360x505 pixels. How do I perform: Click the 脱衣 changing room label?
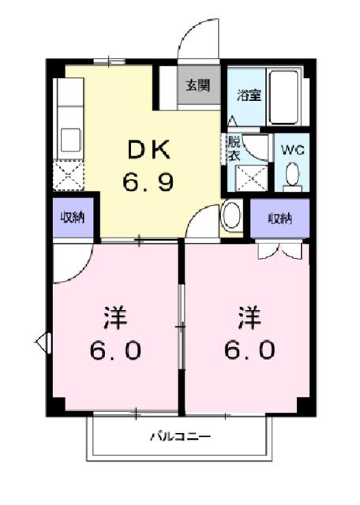[x=233, y=149]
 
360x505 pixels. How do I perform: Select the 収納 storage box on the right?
[x=279, y=218]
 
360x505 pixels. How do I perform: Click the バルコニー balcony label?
[x=181, y=436]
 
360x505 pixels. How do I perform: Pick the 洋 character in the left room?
[x=114, y=319]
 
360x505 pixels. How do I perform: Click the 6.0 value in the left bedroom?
[x=114, y=350]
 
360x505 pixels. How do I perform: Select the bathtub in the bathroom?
[x=283, y=98]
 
